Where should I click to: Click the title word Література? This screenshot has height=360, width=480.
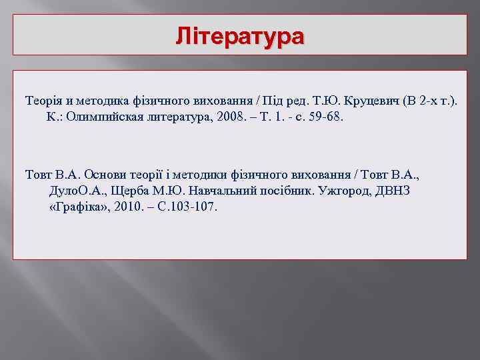(x=239, y=35)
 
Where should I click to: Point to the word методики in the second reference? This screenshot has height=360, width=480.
(x=199, y=175)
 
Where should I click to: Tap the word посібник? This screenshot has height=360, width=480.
(x=300, y=191)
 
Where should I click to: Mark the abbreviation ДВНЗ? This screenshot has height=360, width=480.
(x=395, y=191)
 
